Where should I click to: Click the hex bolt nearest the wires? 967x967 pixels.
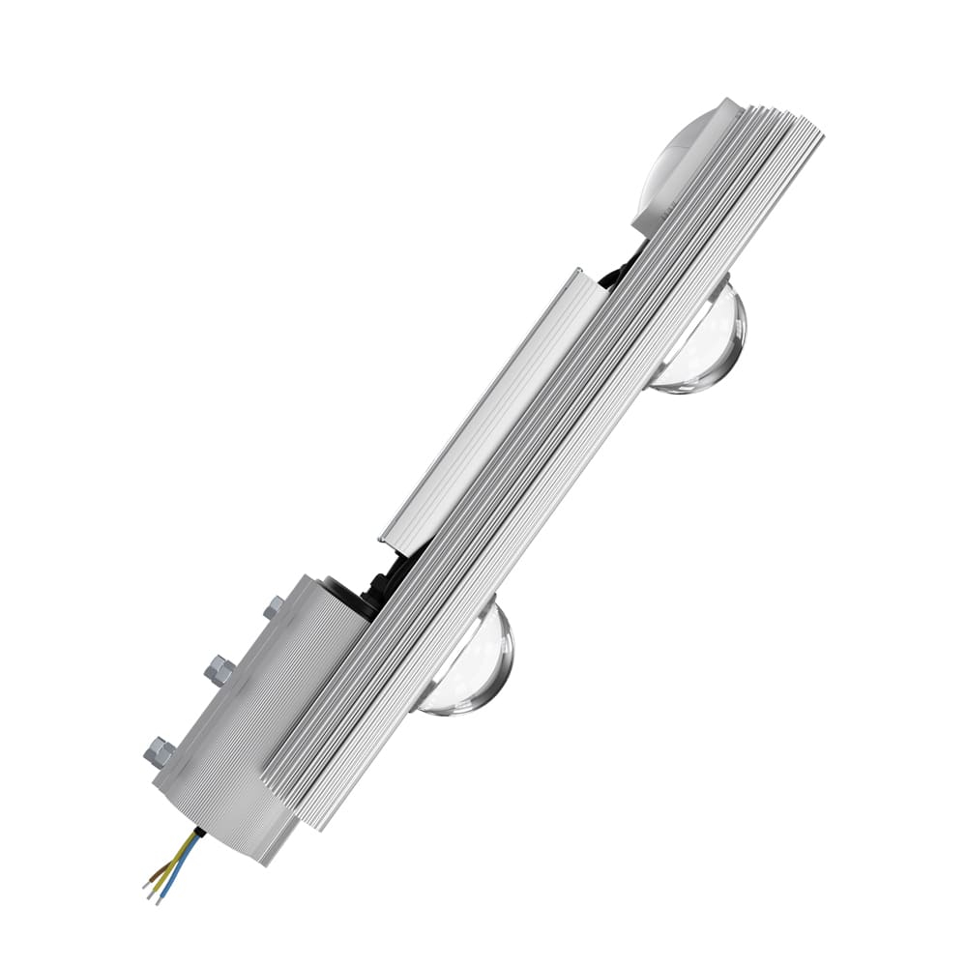click(x=159, y=752)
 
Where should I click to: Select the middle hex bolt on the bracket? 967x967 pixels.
click(x=218, y=669)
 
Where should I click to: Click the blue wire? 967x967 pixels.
click(x=180, y=867)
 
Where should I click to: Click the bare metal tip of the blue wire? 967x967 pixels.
click(x=158, y=901)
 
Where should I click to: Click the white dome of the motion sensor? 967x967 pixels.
click(x=683, y=155)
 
